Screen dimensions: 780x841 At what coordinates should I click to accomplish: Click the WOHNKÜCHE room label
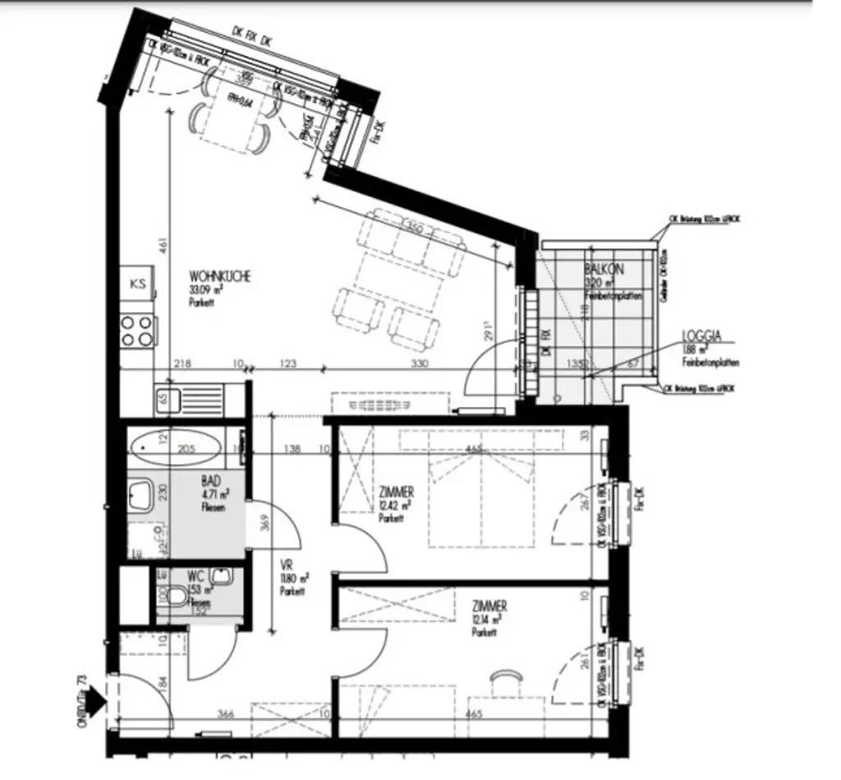pyautogui.click(x=219, y=277)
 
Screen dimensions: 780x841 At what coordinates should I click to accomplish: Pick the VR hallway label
pyautogui.click(x=287, y=566)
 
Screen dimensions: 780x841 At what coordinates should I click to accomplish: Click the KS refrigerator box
pyautogui.click(x=138, y=284)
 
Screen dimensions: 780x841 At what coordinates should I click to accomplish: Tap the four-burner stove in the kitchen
pyautogui.click(x=137, y=330)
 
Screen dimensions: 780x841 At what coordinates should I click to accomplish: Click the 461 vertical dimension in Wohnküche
pyautogui.click(x=163, y=244)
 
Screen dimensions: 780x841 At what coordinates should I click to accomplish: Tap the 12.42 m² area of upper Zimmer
pyautogui.click(x=395, y=506)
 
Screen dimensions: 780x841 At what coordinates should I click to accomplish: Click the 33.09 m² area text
pyautogui.click(x=205, y=290)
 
